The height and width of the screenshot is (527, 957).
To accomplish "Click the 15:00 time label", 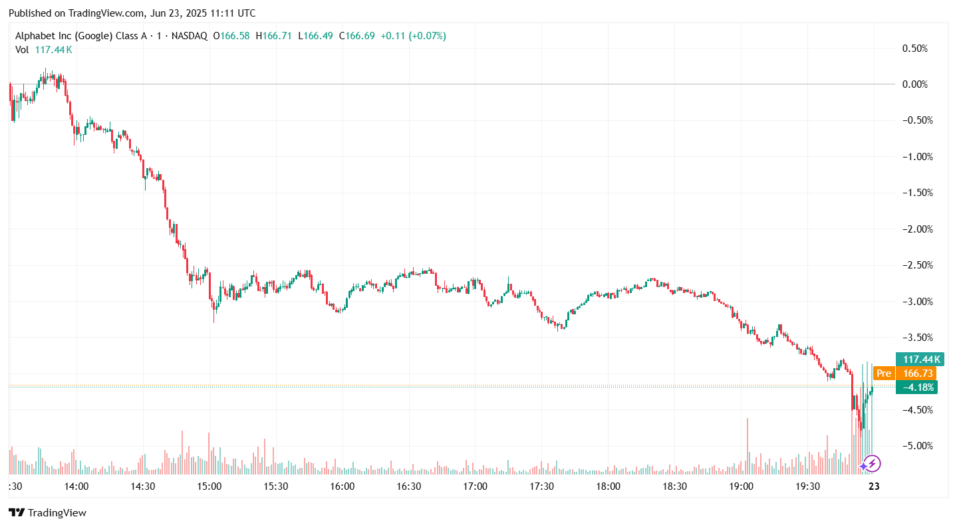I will point(209,486).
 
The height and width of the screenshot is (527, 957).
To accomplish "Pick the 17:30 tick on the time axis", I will point(541,486).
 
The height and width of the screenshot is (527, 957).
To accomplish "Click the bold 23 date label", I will point(875,486).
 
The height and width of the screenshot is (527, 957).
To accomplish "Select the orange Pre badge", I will point(883,373).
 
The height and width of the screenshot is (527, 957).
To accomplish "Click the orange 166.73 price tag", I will point(916,373).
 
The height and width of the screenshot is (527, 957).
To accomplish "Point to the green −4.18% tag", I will point(916,387).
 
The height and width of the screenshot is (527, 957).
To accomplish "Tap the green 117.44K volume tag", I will point(916,360).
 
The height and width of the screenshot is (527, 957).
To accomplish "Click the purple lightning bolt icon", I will point(872,463).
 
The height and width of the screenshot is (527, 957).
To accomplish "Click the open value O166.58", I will point(231,36).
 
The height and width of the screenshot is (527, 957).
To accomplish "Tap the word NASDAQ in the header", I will point(190,36).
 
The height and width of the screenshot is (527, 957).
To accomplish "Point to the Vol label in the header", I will point(22,49).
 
